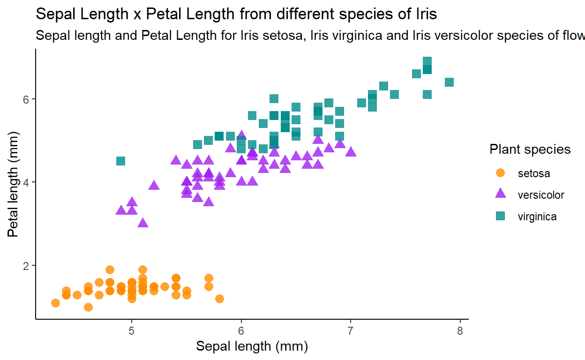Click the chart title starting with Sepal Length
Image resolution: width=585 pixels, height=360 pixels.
pos(236,14)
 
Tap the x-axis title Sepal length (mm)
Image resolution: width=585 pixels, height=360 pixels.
pos(252,347)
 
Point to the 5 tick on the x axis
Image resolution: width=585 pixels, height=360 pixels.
pos(132,331)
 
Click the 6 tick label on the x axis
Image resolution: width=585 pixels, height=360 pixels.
pos(241,331)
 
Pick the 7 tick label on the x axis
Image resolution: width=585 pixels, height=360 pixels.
pos(351,331)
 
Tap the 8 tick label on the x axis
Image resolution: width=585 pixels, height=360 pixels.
pos(460,331)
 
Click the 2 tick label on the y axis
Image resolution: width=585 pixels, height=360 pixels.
pos(26,265)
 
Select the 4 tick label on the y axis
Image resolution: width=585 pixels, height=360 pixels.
pos(26,182)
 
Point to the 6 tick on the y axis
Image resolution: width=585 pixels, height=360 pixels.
pos(26,99)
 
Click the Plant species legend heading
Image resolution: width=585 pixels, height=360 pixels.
pos(530,150)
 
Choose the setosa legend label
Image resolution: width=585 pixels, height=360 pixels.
pos(533,173)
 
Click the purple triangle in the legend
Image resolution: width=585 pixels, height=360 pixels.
pos(500,194)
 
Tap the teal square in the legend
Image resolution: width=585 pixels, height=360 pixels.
pos(500,216)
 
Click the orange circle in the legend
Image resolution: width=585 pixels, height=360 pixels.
pos(500,173)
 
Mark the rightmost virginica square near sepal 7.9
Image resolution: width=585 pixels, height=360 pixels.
pos(449,82)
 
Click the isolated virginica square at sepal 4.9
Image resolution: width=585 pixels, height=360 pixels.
pos(120,161)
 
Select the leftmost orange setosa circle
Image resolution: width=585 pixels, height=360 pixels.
pos(55,303)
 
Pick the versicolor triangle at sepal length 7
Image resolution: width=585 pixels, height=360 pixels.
pos(351,152)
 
